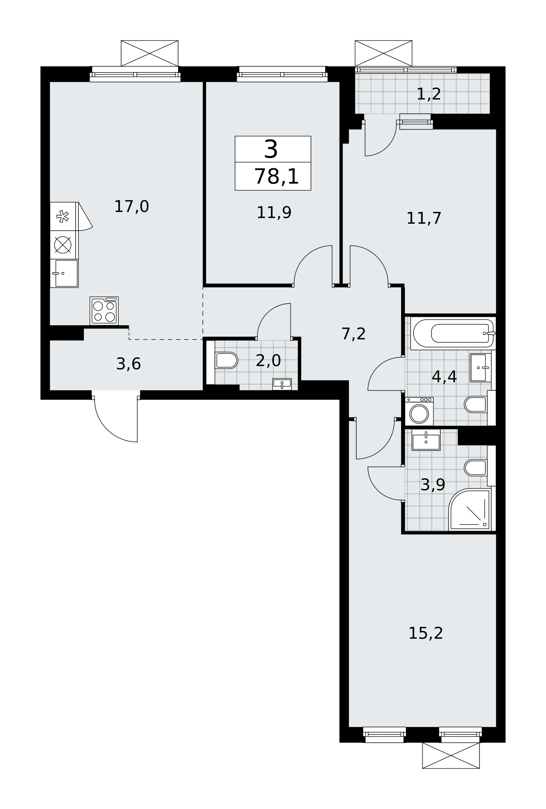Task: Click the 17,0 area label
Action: tap(132, 207)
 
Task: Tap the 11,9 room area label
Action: tap(274, 212)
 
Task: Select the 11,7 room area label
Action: tap(424, 218)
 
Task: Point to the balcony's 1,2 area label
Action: tap(429, 94)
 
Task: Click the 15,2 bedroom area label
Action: tap(426, 633)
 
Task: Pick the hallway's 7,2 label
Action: tap(354, 334)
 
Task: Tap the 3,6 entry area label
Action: tap(128, 364)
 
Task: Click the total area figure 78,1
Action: tap(276, 177)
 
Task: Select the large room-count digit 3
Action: tap(271, 149)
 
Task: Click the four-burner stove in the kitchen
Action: tap(104, 311)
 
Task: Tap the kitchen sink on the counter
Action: tap(64, 273)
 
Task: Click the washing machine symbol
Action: tap(419, 411)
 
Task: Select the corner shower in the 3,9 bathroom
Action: tap(470, 510)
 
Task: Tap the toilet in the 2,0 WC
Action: tap(226, 360)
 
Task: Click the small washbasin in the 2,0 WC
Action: tap(282, 384)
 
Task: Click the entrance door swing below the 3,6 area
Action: tap(116, 419)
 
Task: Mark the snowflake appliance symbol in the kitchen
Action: tap(63, 216)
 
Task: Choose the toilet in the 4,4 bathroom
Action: tap(476, 404)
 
